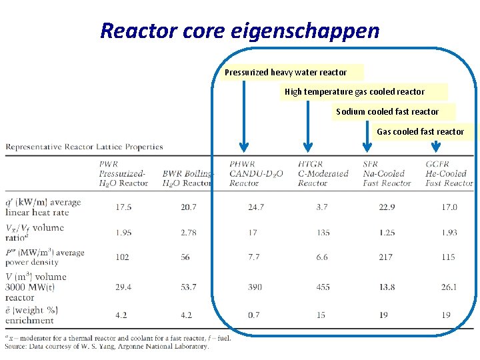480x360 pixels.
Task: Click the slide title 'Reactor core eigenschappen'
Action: pos(239,30)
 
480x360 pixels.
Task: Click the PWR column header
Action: pos(123,173)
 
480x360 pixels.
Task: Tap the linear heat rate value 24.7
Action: pos(256,207)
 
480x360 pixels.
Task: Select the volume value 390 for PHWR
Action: pos(255,287)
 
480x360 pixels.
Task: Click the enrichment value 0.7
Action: pos(254,315)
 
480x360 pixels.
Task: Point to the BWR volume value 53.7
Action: pos(189,287)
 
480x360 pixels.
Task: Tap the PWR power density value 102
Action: pos(123,257)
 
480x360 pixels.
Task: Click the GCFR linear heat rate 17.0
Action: pos(449,207)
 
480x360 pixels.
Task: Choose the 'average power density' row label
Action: pos(45,257)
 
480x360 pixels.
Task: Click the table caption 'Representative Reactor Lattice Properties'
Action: pos(85,147)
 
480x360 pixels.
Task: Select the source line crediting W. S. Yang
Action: pos(107,346)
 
